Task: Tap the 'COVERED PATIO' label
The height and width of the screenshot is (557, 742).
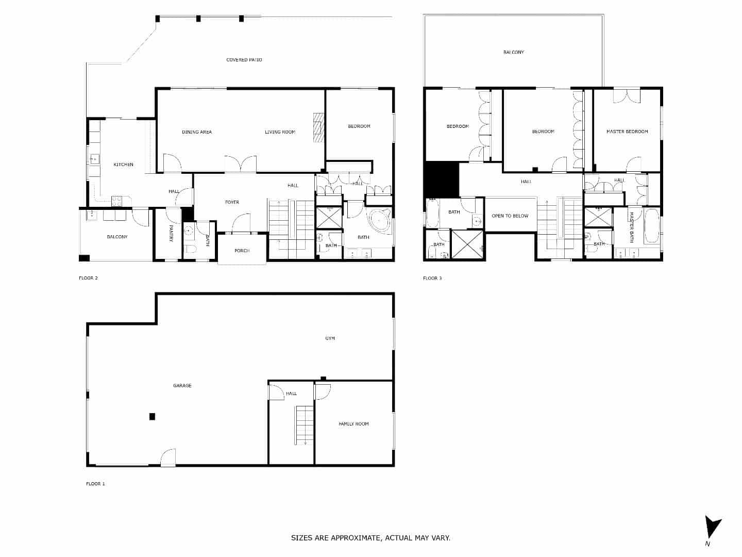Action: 244,60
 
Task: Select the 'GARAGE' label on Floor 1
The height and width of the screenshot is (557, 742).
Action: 182,386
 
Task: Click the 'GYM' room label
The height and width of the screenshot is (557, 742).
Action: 330,338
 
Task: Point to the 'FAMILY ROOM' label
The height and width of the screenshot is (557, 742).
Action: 353,424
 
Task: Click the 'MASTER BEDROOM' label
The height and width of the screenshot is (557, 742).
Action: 627,132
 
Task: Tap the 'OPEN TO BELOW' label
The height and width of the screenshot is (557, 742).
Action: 510,216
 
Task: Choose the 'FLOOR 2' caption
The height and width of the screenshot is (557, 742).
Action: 88,278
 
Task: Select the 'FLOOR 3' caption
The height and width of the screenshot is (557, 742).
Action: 432,278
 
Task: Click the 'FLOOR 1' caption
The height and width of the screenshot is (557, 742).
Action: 95,484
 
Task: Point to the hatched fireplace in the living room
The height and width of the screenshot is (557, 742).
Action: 319,127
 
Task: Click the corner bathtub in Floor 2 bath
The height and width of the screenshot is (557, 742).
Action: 379,221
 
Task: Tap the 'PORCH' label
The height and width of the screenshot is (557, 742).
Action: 242,251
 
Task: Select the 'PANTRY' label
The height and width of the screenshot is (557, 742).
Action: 171,233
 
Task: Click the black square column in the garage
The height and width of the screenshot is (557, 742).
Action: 152,417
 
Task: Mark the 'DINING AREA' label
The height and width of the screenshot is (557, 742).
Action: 197,132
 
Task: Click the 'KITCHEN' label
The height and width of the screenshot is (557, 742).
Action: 123,165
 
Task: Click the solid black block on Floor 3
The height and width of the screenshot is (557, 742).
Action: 442,179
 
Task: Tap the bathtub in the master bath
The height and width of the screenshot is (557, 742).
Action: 651,226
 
